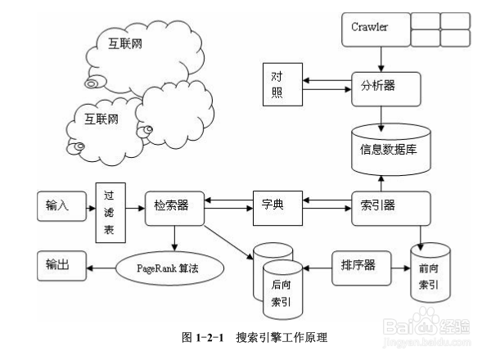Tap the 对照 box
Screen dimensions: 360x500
[x=279, y=83]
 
